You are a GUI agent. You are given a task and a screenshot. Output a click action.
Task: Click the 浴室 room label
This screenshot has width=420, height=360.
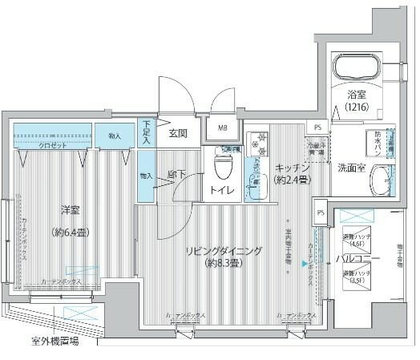tap(357, 93)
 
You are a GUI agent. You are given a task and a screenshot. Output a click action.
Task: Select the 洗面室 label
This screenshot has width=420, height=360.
tap(350, 169)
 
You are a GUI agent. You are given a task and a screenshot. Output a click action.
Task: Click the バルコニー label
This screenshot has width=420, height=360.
tap(352, 259)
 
